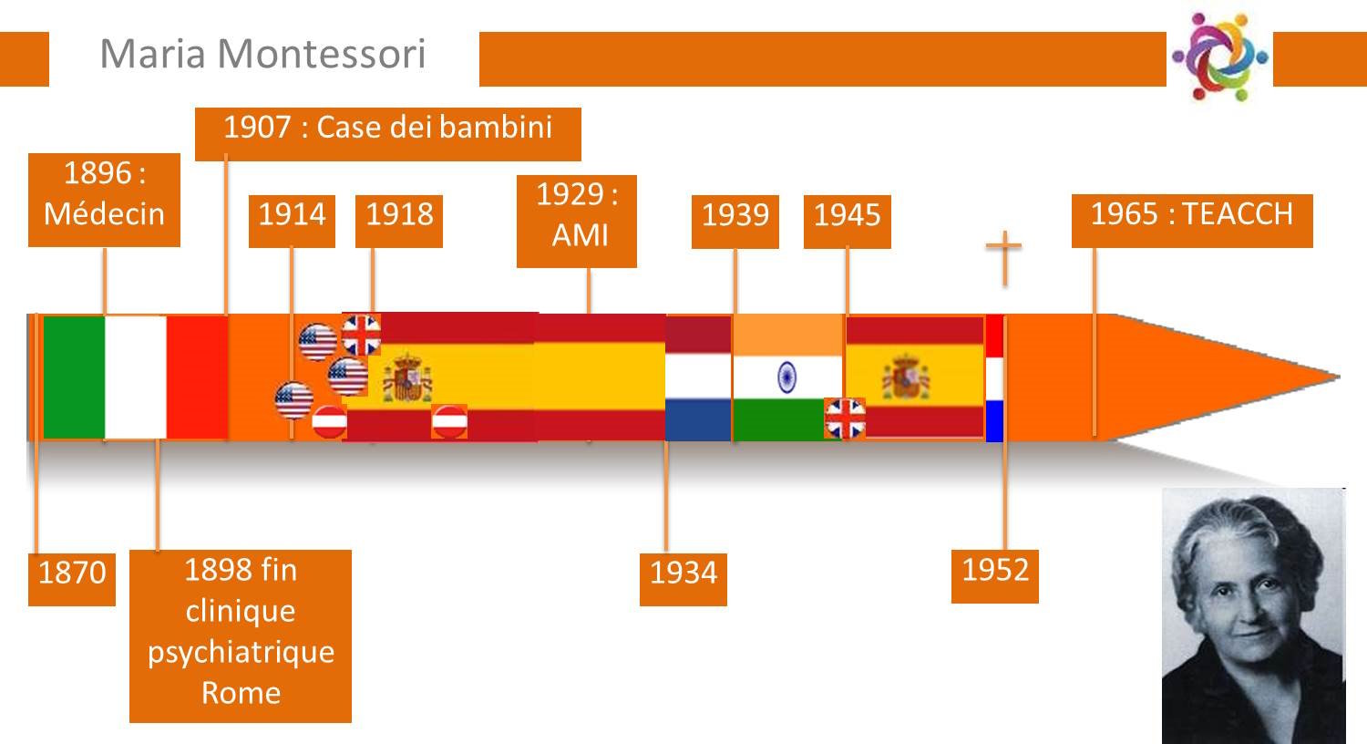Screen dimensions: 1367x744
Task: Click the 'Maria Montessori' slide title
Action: pos(262,54)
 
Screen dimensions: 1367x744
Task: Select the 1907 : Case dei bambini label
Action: pos(388,134)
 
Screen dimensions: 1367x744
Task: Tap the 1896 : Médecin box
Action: pos(105,201)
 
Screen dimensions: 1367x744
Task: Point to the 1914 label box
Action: pos(292,221)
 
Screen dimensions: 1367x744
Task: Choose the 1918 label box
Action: pos(399,221)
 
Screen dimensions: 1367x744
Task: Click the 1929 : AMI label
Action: pos(577,222)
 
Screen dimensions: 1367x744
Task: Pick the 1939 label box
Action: pos(735,222)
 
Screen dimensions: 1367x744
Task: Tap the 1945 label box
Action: pos(847,222)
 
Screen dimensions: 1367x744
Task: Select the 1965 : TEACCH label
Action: pos(1192,221)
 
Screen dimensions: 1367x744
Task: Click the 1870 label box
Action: pos(72,579)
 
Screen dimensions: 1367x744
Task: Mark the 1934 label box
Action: pos(683,579)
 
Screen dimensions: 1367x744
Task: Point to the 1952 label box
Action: pos(995,577)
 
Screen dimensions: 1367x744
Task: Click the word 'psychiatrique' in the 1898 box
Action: pos(242,653)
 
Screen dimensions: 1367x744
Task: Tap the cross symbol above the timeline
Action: pos(1004,257)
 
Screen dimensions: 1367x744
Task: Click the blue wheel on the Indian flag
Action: pos(786,377)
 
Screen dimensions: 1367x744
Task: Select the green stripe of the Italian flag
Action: pos(74,377)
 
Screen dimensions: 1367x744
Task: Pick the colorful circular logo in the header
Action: pos(1220,57)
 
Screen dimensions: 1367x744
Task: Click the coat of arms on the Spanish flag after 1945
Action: pos(906,377)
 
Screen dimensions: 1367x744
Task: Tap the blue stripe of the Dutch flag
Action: pos(698,420)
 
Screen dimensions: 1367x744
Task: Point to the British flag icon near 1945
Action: pos(845,418)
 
